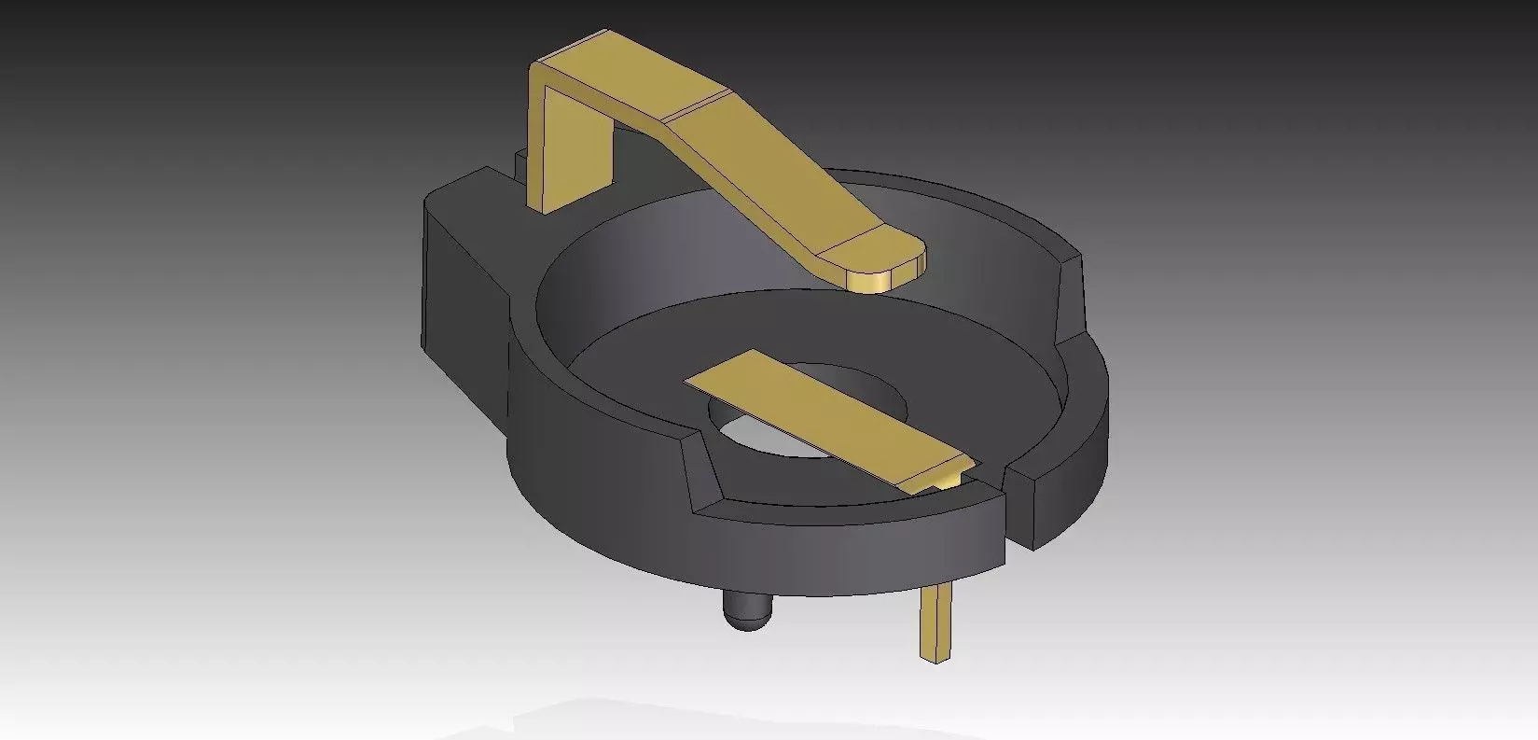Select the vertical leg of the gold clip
571,149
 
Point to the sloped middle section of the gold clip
765,168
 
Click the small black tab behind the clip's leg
520,162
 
